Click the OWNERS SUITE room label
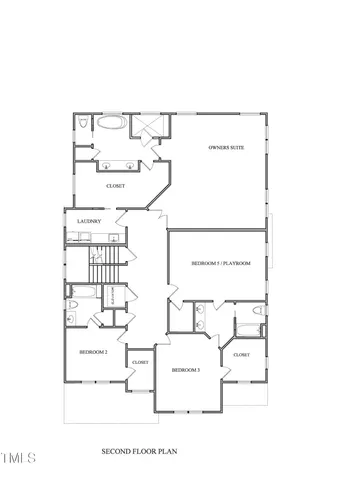pyautogui.click(x=226, y=148)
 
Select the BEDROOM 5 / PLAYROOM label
pyautogui.click(x=220, y=263)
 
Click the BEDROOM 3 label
pyautogui.click(x=186, y=370)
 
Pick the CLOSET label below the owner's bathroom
pyautogui.click(x=116, y=185)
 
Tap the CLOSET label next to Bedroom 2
pyautogui.click(x=139, y=362)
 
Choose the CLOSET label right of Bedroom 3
pyautogui.click(x=242, y=354)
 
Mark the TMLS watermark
pyautogui.click(x=19, y=458)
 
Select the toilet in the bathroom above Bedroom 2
pyautogui.click(x=70, y=316)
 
